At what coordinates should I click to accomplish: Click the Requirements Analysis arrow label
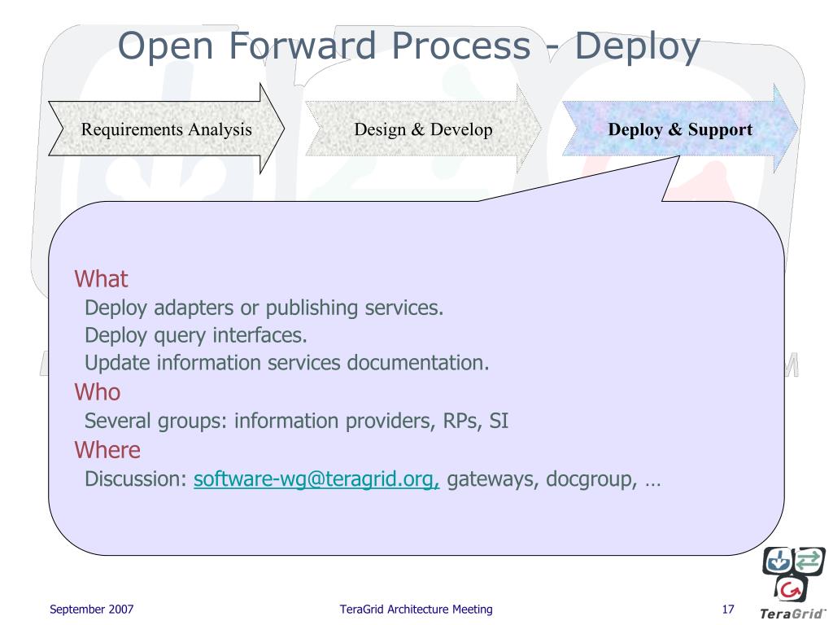pyautogui.click(x=166, y=129)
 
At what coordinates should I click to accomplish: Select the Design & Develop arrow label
pyautogui.click(x=423, y=129)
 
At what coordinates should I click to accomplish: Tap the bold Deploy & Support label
pyautogui.click(x=680, y=129)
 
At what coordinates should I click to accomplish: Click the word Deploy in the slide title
pyautogui.click(x=638, y=46)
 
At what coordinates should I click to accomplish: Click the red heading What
pyautogui.click(x=102, y=279)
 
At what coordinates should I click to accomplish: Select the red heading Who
pyautogui.click(x=98, y=392)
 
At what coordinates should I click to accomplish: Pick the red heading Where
pyautogui.click(x=107, y=450)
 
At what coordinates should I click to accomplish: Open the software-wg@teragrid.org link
pyautogui.click(x=316, y=479)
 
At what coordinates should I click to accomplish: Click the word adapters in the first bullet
pyautogui.click(x=188, y=308)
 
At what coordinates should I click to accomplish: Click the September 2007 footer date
pyautogui.click(x=92, y=610)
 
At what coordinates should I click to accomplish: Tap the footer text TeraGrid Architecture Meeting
pyautogui.click(x=416, y=610)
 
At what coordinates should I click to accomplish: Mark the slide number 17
pyautogui.click(x=728, y=610)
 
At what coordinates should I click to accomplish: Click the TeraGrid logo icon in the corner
pyautogui.click(x=794, y=574)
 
